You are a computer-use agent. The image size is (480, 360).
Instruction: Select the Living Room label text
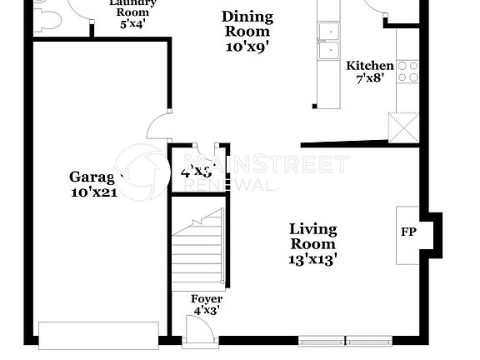tap(312, 237)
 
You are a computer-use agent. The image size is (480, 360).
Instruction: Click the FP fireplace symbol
tap(408, 232)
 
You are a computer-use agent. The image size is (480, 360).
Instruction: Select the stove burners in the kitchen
tap(407, 72)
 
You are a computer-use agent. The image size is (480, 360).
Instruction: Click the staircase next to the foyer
tap(197, 250)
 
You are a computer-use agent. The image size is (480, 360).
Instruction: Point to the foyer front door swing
tap(200, 330)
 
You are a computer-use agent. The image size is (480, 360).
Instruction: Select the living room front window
tap(345, 340)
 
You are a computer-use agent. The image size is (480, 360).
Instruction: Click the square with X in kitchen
tap(405, 130)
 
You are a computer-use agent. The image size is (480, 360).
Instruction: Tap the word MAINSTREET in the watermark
tap(266, 163)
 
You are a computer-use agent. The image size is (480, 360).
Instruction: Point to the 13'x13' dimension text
tap(312, 259)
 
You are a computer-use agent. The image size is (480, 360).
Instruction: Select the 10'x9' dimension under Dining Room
tap(247, 47)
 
